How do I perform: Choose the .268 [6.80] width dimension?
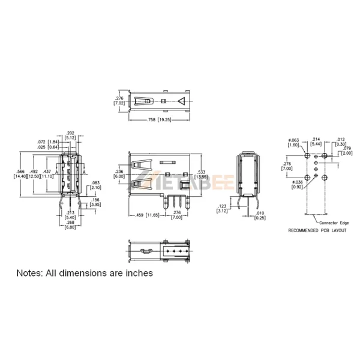point(70,224)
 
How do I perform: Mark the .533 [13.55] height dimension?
point(201,174)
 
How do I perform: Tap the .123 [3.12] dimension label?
point(222,208)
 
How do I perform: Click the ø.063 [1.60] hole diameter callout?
point(293,142)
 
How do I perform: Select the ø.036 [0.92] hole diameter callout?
point(298,185)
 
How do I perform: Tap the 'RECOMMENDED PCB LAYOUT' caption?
point(317,230)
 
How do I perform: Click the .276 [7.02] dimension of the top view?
point(119,100)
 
